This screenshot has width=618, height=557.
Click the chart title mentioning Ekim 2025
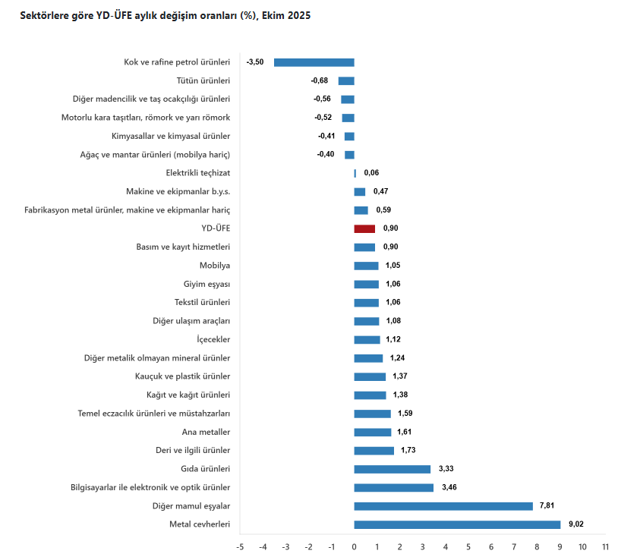coord(165,15)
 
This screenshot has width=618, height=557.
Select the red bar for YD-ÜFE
coord(364,228)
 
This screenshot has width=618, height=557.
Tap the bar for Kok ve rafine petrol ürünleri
coord(314,62)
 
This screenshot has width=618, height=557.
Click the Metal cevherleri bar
coord(457,524)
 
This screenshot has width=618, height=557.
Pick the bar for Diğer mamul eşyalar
coord(443,506)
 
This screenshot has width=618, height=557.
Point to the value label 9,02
coord(575,524)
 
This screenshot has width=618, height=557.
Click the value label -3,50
coord(255,62)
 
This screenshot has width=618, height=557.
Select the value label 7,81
coord(548,506)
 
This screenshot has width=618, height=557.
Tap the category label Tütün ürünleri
coord(203,80)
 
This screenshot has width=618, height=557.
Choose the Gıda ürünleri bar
coord(392,469)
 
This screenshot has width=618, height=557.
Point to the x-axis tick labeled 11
coord(605,546)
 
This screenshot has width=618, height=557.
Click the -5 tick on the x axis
coord(240,546)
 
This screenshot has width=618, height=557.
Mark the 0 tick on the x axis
coord(354,546)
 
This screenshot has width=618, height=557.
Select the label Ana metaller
coord(206,432)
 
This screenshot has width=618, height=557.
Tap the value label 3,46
coord(449,487)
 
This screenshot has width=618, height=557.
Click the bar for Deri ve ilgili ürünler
coord(374,451)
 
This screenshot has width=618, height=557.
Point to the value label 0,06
coord(371,173)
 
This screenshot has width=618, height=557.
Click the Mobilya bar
coord(366,266)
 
